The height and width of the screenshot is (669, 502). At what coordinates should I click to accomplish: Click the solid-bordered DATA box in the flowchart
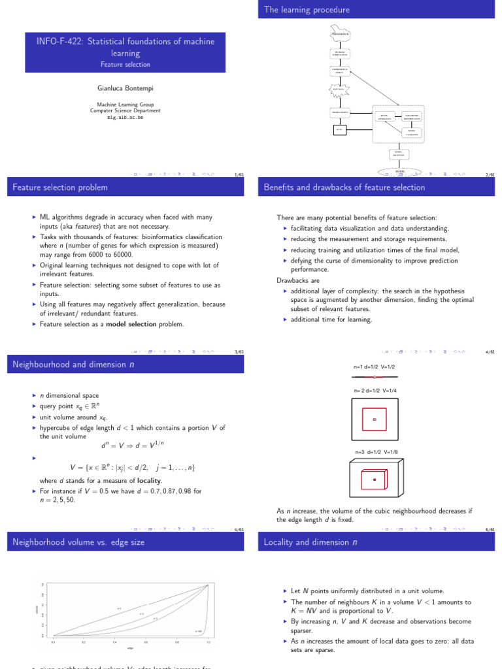click(339, 129)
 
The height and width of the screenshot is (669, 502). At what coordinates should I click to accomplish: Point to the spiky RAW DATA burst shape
click(339, 90)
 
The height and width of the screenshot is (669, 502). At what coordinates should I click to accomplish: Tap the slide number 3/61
click(239, 352)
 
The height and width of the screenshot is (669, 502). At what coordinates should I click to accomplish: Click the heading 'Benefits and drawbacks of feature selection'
click(344, 188)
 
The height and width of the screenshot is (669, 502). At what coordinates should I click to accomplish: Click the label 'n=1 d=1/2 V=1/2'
click(375, 367)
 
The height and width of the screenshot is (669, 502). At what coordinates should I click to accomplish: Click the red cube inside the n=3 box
click(375, 480)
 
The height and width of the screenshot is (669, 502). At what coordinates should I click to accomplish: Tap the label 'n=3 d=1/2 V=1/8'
click(375, 452)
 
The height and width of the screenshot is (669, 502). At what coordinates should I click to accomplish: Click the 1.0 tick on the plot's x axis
click(209, 643)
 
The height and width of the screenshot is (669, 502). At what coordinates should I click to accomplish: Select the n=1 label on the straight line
click(119, 608)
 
